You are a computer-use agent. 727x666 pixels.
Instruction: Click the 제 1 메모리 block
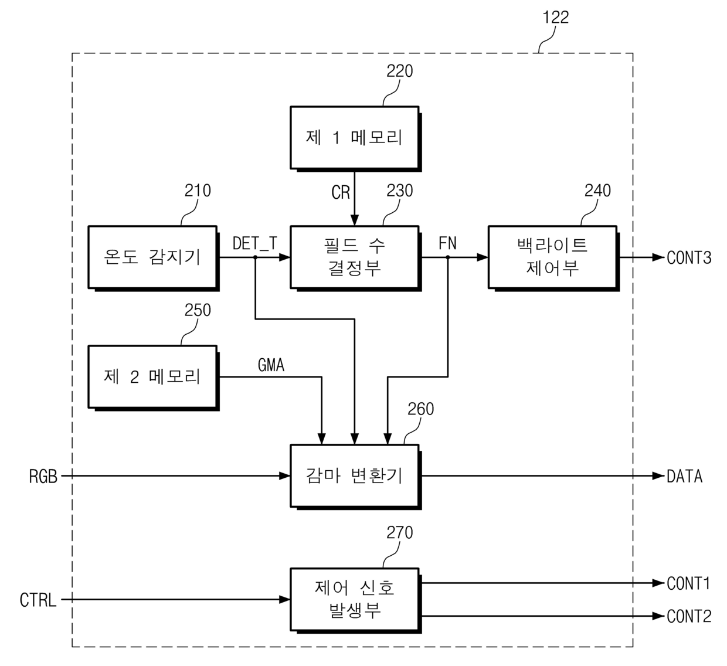click(355, 138)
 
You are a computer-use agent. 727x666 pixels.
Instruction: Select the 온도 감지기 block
click(154, 258)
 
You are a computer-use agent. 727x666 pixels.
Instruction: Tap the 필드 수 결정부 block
click(355, 258)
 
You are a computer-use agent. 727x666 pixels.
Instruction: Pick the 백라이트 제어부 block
click(553, 258)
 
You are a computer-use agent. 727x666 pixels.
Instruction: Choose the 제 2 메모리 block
click(154, 378)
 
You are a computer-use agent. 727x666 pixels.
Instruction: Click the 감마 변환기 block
click(355, 477)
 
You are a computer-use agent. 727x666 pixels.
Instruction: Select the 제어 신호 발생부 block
click(355, 600)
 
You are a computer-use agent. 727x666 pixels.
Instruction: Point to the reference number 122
click(556, 18)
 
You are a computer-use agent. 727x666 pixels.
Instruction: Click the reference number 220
click(399, 71)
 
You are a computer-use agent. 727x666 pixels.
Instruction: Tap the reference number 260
click(420, 409)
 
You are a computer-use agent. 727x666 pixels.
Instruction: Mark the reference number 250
click(198, 310)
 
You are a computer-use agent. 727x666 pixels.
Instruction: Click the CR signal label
click(341, 192)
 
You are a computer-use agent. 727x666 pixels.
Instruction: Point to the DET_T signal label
click(255, 243)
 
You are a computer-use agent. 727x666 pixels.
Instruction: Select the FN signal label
click(447, 243)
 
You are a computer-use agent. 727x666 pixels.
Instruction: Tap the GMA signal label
click(271, 365)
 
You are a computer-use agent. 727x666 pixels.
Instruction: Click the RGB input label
click(43, 477)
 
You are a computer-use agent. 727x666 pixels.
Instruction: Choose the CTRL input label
click(38, 600)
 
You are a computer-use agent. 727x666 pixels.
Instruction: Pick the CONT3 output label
click(689, 258)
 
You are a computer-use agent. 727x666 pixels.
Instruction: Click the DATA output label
click(685, 477)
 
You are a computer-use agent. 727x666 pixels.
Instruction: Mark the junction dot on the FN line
click(447, 257)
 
